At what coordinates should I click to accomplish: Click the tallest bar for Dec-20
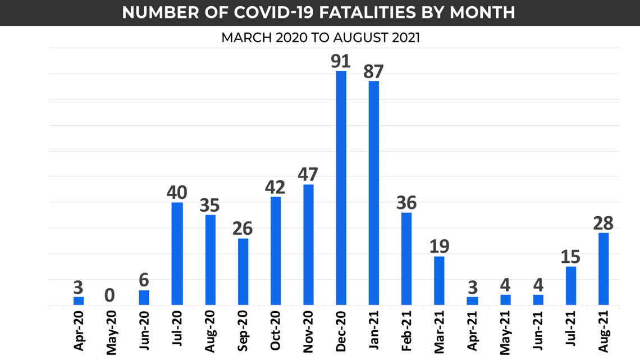(x=341, y=188)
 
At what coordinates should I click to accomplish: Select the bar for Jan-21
(x=373, y=193)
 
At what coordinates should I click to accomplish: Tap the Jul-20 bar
(x=177, y=254)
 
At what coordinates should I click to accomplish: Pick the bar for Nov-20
(x=308, y=245)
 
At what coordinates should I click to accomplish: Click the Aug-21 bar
(x=604, y=269)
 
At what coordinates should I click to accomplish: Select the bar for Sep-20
(x=243, y=272)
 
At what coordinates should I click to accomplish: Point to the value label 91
(x=341, y=60)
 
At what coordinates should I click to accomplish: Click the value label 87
(x=373, y=71)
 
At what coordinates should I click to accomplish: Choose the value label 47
(x=308, y=174)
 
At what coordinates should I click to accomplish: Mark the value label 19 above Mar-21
(x=439, y=246)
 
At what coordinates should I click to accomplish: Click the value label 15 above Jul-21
(x=570, y=256)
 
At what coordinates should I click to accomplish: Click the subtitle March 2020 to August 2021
(x=320, y=38)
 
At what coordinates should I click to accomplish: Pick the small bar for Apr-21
(x=472, y=301)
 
